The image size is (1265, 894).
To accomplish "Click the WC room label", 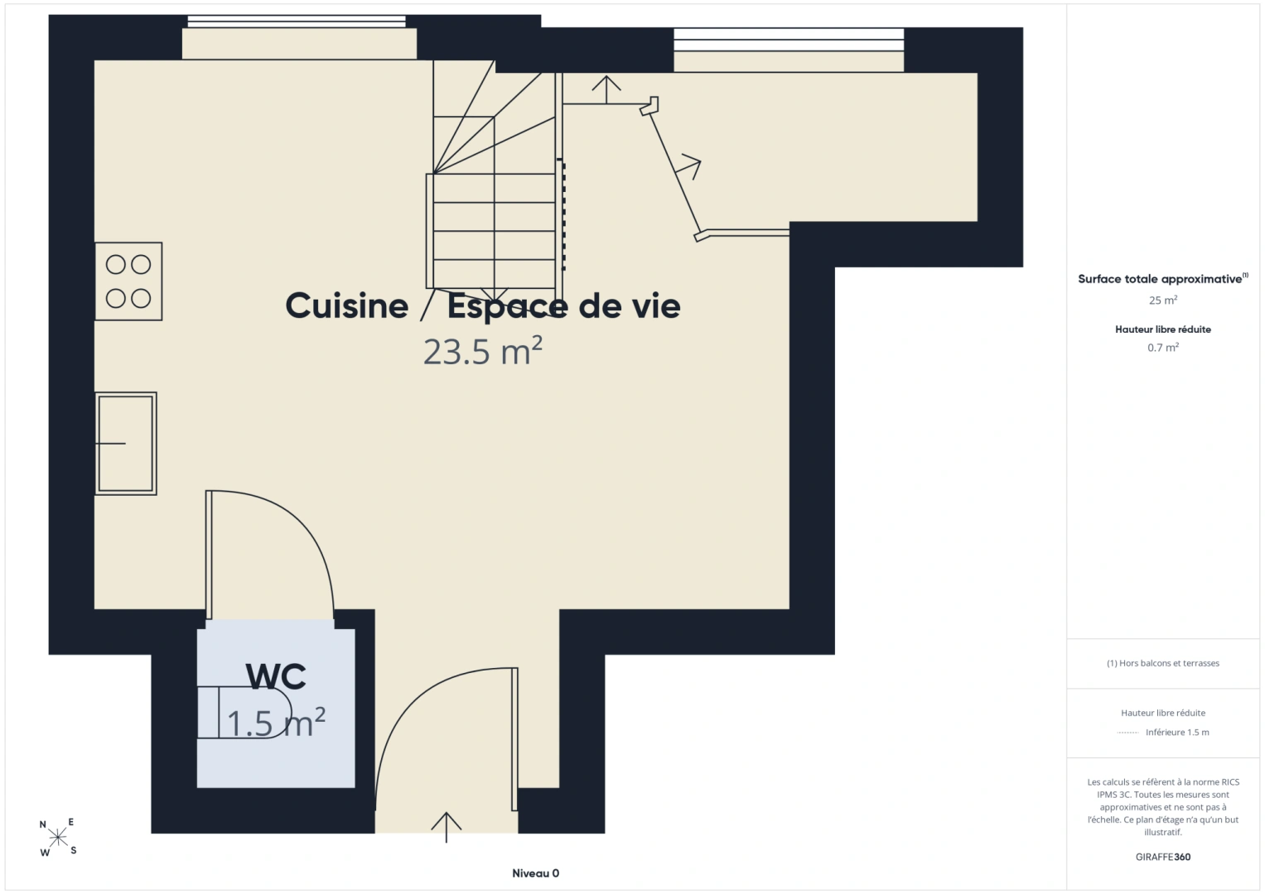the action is [x=276, y=676].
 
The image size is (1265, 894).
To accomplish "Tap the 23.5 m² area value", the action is [x=483, y=351].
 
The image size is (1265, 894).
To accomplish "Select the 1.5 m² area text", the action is [x=276, y=723].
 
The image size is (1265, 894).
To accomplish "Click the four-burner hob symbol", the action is [x=128, y=281].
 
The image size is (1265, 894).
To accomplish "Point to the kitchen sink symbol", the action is [x=125, y=444].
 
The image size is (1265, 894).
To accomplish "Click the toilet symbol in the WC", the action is [x=244, y=712].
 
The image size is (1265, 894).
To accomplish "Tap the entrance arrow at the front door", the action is [x=447, y=828].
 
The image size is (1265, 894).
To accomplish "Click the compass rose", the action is [x=58, y=837].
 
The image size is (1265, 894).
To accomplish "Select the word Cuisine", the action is [x=347, y=306].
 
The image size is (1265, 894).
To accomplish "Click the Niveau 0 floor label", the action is [x=535, y=873].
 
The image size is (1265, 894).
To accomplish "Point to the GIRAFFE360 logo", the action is [x=1163, y=857].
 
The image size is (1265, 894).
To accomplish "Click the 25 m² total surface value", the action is [x=1163, y=300].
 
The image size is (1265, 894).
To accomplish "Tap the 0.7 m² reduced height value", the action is [x=1163, y=347].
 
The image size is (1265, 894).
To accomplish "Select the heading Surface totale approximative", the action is [x=1163, y=279].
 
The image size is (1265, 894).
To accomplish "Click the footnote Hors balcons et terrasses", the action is [x=1163, y=663].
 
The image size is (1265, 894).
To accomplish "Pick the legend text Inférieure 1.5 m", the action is [x=1177, y=732].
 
